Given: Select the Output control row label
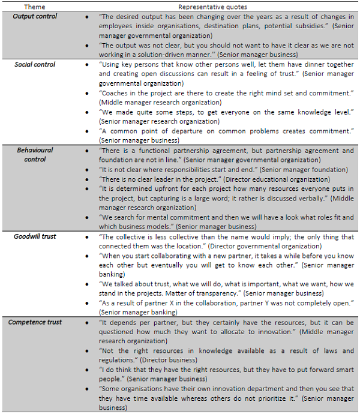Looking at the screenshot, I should click(35, 16).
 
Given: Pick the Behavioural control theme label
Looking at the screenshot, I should click(35, 155).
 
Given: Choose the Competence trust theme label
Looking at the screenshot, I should click(35, 323).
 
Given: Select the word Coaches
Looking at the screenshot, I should click(115, 94).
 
